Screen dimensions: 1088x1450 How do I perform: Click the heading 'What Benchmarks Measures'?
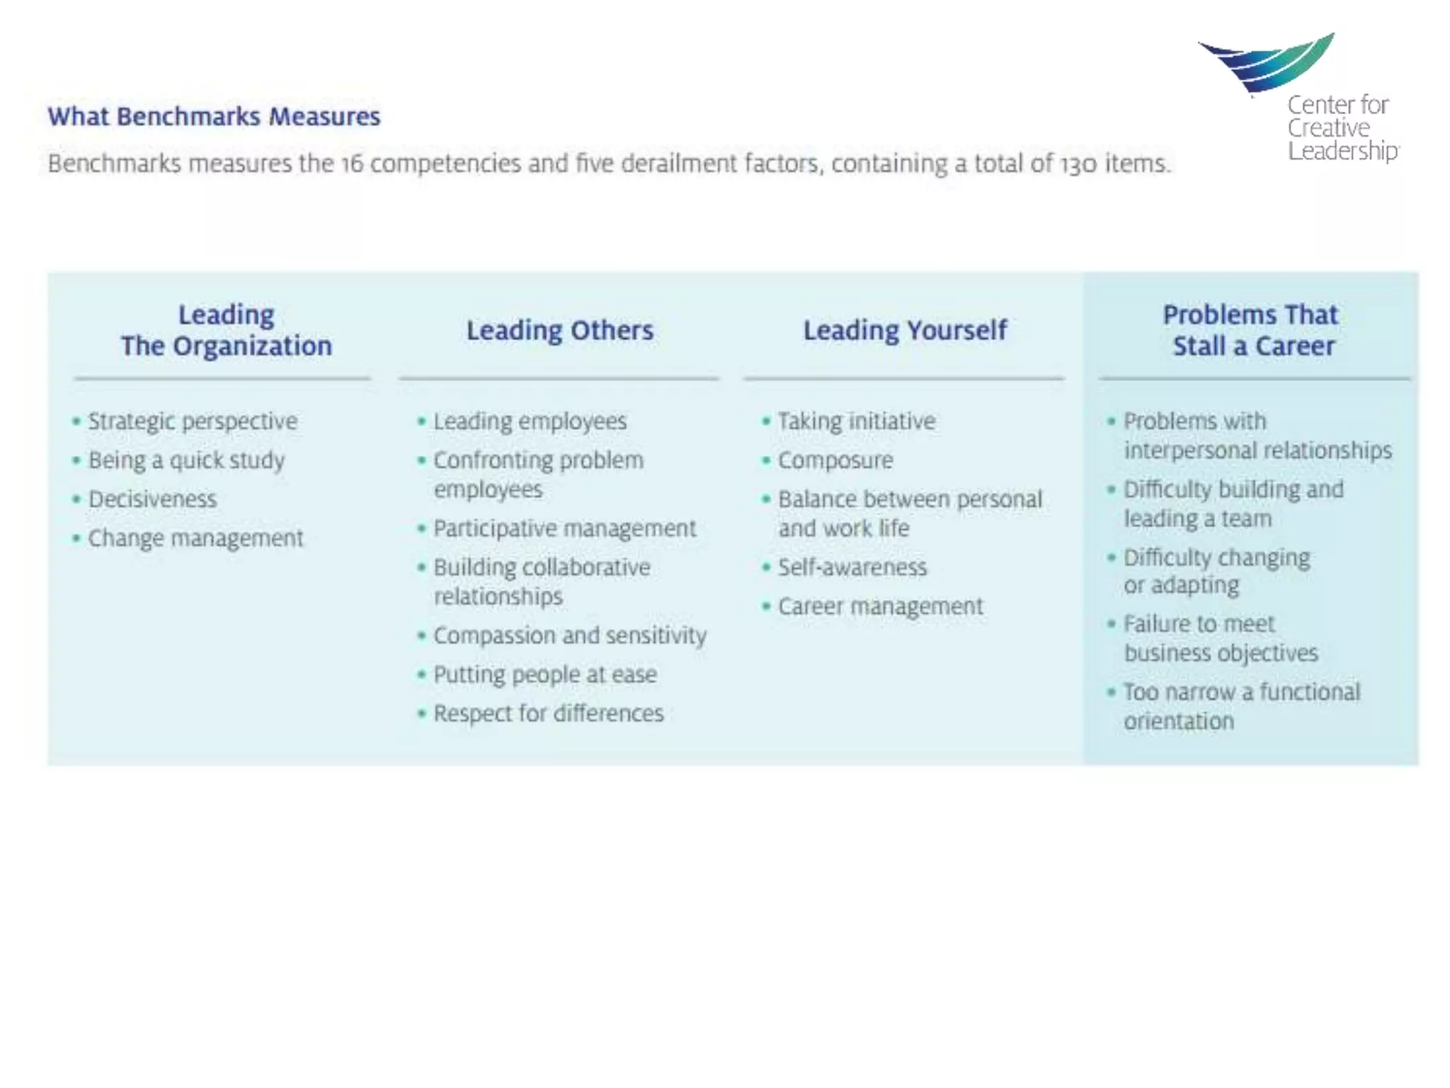[x=214, y=116]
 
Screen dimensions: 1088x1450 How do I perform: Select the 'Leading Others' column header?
[x=559, y=330]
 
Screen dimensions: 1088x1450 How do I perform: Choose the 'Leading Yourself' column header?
[x=905, y=330]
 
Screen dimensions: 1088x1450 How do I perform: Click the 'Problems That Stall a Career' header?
[x=1251, y=330]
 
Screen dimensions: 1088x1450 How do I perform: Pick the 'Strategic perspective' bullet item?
[x=193, y=421]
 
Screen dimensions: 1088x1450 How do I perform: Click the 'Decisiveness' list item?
[x=153, y=499]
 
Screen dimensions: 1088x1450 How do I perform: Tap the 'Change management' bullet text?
[x=195, y=538]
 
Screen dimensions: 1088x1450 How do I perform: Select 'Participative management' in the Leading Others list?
[x=565, y=528]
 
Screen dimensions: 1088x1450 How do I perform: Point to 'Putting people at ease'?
[x=545, y=674]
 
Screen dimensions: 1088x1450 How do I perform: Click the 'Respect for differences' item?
[x=549, y=713]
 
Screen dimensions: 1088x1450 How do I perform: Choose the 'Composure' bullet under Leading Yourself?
[x=835, y=460]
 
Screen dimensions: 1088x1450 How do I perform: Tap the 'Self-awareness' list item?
[x=852, y=567]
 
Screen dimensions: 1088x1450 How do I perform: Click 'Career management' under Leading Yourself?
[x=881, y=606]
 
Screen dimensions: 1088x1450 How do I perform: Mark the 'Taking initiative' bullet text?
[x=857, y=421]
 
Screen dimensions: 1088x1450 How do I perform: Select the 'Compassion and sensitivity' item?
[x=570, y=635]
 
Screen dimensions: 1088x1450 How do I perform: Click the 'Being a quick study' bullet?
[x=186, y=460]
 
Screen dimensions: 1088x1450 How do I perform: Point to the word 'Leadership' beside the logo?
[x=1342, y=151]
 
